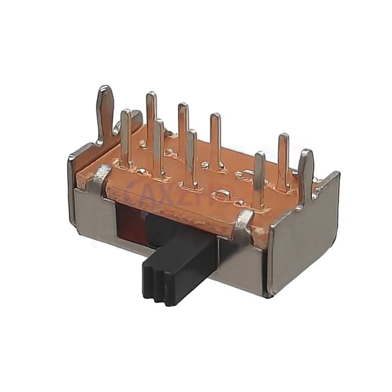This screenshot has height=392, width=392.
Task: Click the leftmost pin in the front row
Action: [x=126, y=137]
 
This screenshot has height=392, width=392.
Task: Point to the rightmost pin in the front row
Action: [x=260, y=176]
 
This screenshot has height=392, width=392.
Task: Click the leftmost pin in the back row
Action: [x=151, y=115]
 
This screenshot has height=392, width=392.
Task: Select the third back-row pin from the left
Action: [x=215, y=137]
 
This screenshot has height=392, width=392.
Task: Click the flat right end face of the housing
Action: [x=304, y=240]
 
